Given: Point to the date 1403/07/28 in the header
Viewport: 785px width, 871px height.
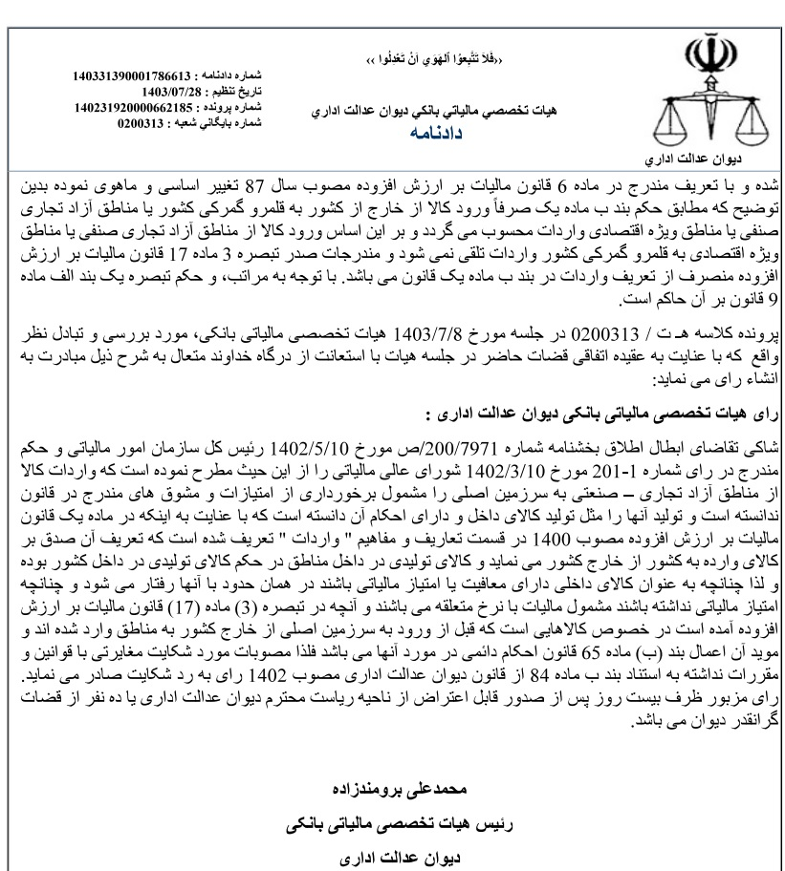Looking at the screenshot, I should point(170,89).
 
